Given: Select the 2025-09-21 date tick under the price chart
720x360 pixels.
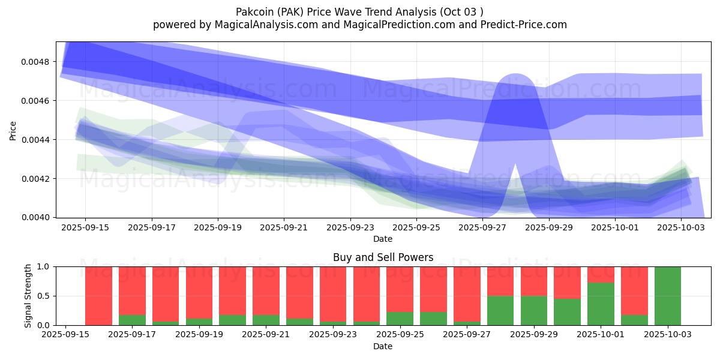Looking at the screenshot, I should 283,228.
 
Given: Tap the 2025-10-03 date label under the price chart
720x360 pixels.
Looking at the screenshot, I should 681,228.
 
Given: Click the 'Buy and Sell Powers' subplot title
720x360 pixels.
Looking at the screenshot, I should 383,257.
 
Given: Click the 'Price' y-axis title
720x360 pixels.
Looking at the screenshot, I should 13,130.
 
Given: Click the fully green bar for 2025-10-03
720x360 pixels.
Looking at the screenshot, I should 667,296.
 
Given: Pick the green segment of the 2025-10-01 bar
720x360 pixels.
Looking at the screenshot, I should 601,304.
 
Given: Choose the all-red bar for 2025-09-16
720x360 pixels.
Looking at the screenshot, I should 98,296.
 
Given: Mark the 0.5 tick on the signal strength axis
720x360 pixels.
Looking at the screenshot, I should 46,296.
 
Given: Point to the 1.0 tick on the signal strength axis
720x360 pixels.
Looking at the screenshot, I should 46,266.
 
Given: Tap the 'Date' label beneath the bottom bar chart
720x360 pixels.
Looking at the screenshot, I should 383,346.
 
